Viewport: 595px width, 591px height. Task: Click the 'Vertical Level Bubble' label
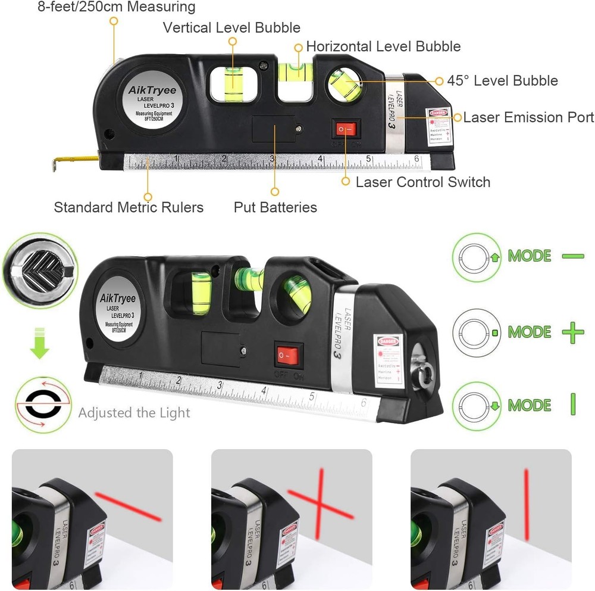231,27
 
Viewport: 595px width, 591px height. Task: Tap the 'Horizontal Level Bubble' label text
383,46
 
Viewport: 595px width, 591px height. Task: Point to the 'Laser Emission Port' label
528,117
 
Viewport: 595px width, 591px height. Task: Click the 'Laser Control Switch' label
422,182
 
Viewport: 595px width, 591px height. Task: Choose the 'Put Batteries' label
275,207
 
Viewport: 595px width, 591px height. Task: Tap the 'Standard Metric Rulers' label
129,207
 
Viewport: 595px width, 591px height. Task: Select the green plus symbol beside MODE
572,332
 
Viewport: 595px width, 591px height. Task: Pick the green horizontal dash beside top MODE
572,256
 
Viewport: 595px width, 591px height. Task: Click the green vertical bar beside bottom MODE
572,405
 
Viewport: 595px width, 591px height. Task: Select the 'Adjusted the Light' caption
134,412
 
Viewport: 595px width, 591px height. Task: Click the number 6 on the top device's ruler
417,158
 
